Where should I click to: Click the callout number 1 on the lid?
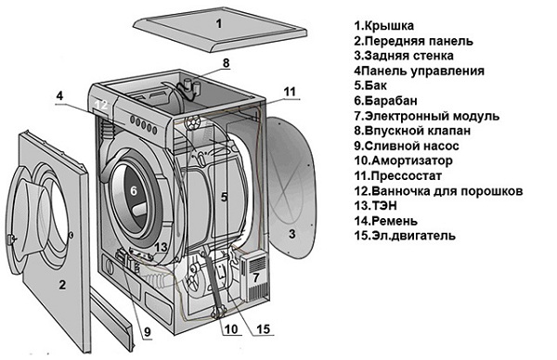(219, 23)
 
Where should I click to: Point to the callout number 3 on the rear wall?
(291, 234)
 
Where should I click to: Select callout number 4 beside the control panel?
(58, 96)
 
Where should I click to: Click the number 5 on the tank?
(223, 196)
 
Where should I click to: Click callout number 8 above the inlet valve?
(224, 63)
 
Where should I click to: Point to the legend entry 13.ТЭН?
(382, 205)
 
